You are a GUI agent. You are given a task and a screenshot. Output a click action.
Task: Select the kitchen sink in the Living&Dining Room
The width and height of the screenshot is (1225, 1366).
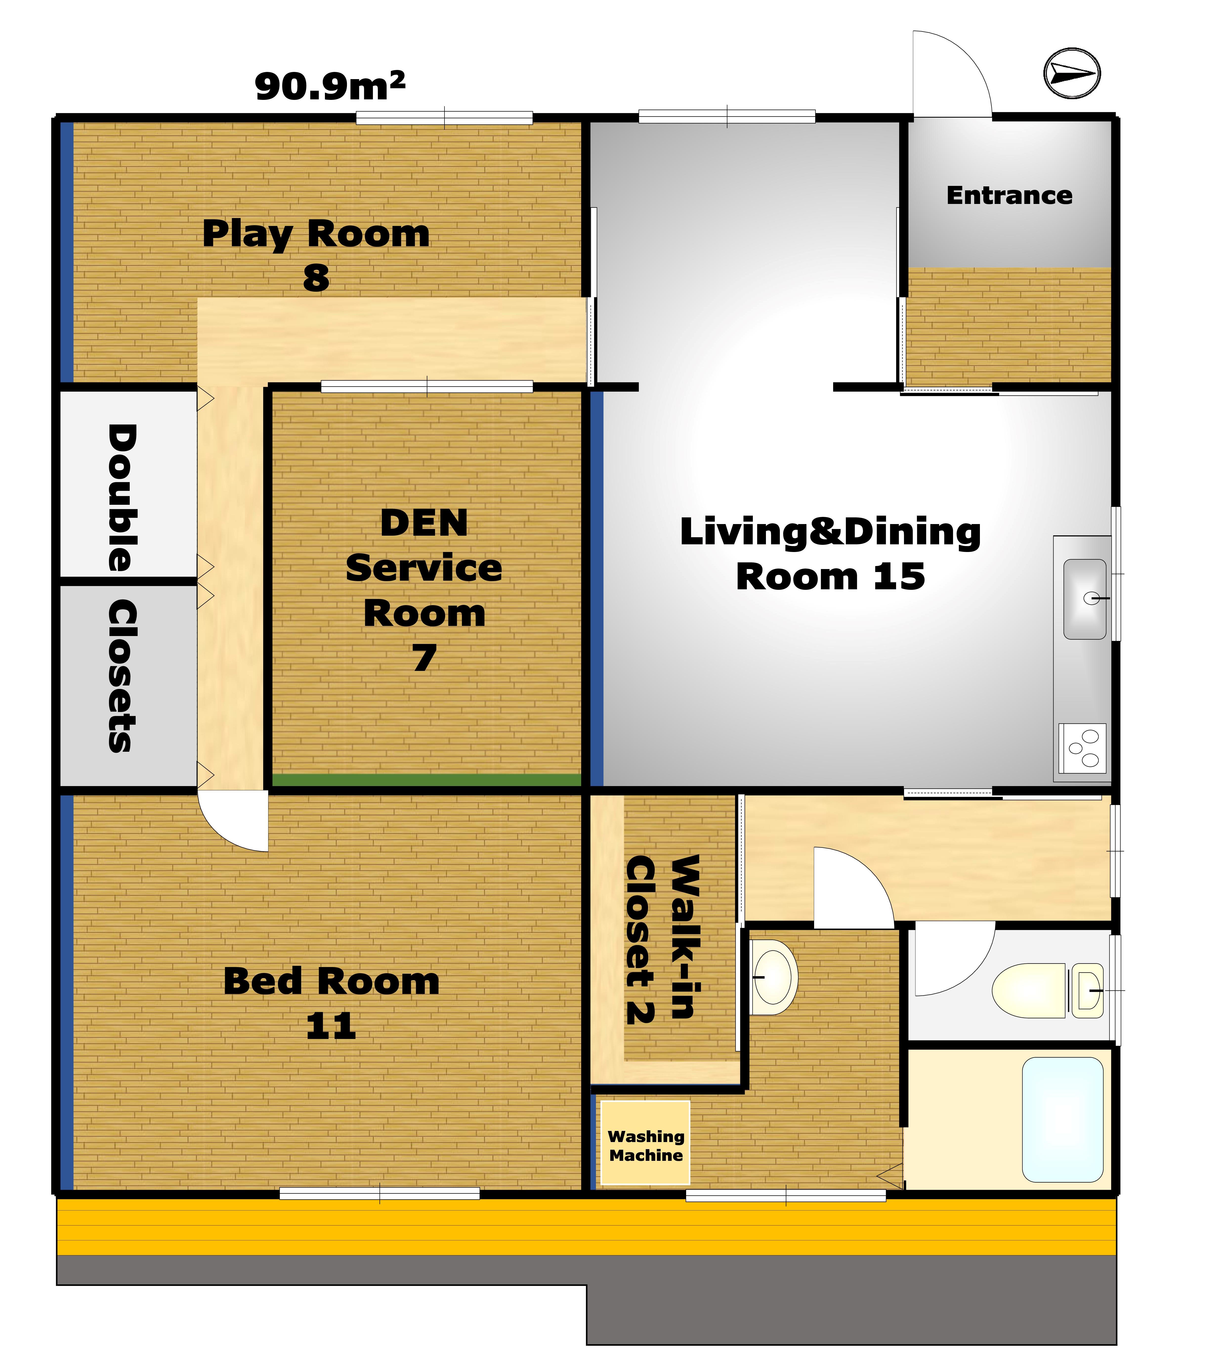(x=1084, y=598)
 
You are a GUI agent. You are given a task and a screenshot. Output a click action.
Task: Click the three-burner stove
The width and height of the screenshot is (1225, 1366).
(x=1082, y=748)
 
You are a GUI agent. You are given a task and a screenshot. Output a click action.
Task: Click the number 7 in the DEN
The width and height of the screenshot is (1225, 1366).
(x=424, y=658)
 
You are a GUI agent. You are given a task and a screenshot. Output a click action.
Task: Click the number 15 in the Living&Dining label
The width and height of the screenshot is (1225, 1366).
(x=899, y=577)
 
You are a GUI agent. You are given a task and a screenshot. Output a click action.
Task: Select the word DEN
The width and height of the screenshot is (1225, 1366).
(x=424, y=523)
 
